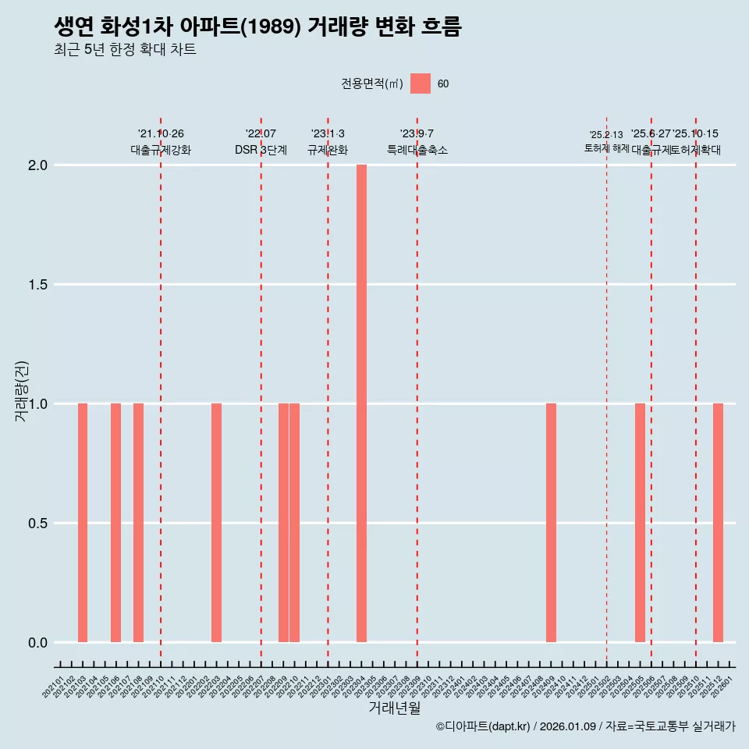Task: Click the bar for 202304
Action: click(x=361, y=403)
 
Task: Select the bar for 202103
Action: click(x=83, y=523)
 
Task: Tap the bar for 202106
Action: click(x=115, y=523)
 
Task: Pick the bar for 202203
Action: click(x=216, y=523)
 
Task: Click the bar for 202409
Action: click(x=551, y=523)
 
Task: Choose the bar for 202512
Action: click(x=718, y=523)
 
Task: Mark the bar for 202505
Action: click(x=640, y=523)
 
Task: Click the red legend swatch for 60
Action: click(x=421, y=83)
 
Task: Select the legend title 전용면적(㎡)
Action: click(x=371, y=84)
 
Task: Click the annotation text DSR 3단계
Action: click(x=261, y=151)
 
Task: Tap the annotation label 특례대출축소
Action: click(x=417, y=151)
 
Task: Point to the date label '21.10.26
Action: click(x=161, y=134)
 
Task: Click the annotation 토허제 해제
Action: click(x=607, y=148)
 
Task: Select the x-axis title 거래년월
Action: click(x=394, y=708)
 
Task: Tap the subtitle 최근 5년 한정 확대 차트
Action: click(x=125, y=50)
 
